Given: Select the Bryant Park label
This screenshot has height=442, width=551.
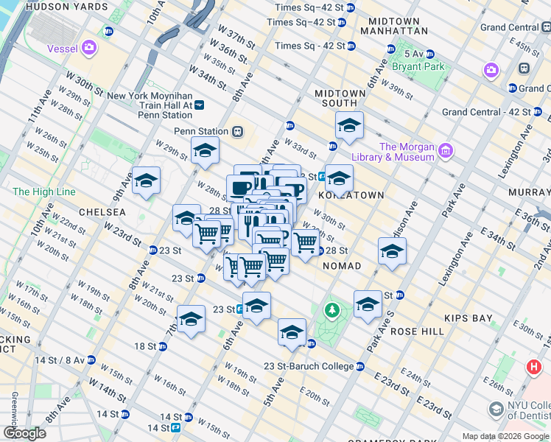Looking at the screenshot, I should click(418, 66).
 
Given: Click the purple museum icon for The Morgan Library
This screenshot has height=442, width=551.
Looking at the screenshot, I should click(445, 152).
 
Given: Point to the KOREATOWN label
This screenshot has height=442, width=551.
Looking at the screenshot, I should click(351, 195).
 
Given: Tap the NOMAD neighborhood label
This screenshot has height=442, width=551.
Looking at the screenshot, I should click(342, 265).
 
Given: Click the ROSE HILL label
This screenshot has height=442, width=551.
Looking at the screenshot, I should click(418, 331).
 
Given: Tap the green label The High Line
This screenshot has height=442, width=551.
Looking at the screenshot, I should click(44, 192).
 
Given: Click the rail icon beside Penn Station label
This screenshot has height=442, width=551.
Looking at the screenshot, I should click(237, 132).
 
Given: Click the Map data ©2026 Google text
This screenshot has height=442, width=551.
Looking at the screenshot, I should click(496, 436).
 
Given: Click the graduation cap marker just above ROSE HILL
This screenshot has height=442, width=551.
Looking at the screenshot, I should click(368, 303).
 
